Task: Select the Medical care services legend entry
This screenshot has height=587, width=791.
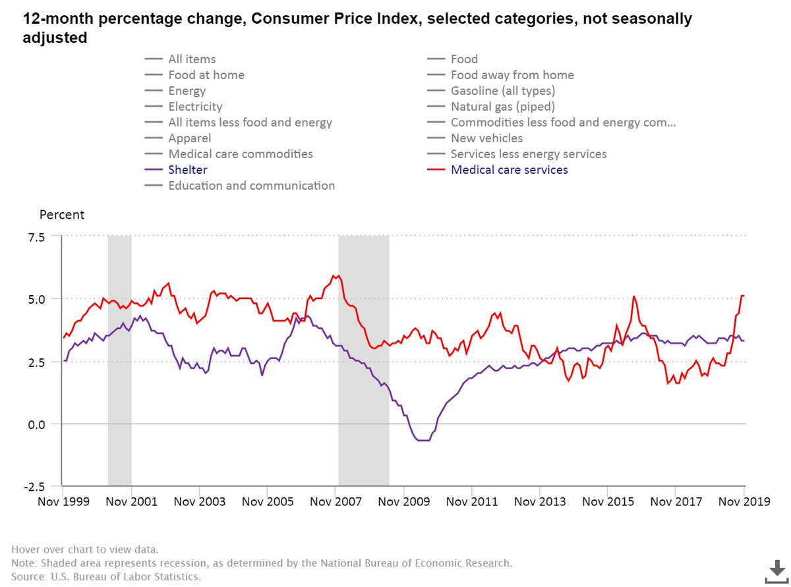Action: click(x=509, y=170)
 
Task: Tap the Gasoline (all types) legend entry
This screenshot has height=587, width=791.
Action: click(x=502, y=91)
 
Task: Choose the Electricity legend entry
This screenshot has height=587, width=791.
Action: click(x=195, y=107)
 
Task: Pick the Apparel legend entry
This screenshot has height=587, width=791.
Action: click(x=189, y=138)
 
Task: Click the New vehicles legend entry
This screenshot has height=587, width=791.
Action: click(x=486, y=138)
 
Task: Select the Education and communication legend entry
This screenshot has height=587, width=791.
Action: click(x=251, y=186)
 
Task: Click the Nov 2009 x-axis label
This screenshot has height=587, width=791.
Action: click(x=403, y=502)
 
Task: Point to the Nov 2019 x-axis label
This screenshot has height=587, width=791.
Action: click(x=744, y=502)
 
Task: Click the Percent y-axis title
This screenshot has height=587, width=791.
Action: click(x=62, y=215)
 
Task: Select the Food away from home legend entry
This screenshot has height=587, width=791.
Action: click(x=512, y=75)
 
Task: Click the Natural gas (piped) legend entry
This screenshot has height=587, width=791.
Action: click(x=502, y=107)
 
